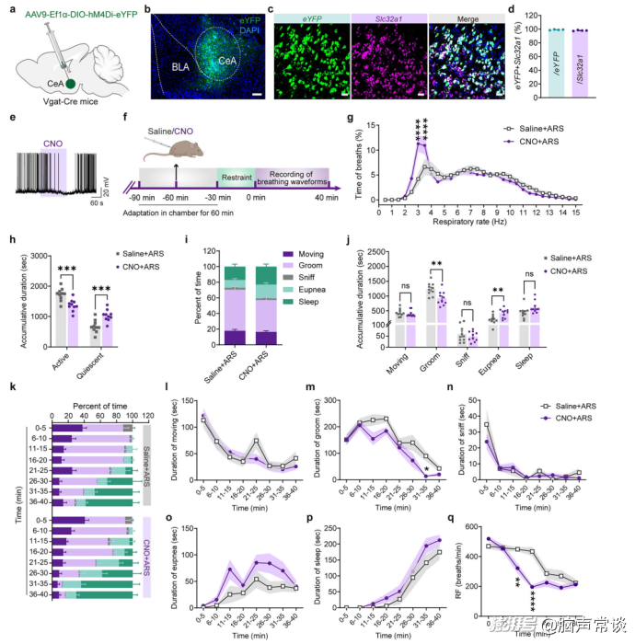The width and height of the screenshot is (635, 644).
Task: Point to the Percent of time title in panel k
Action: coord(92,378)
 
